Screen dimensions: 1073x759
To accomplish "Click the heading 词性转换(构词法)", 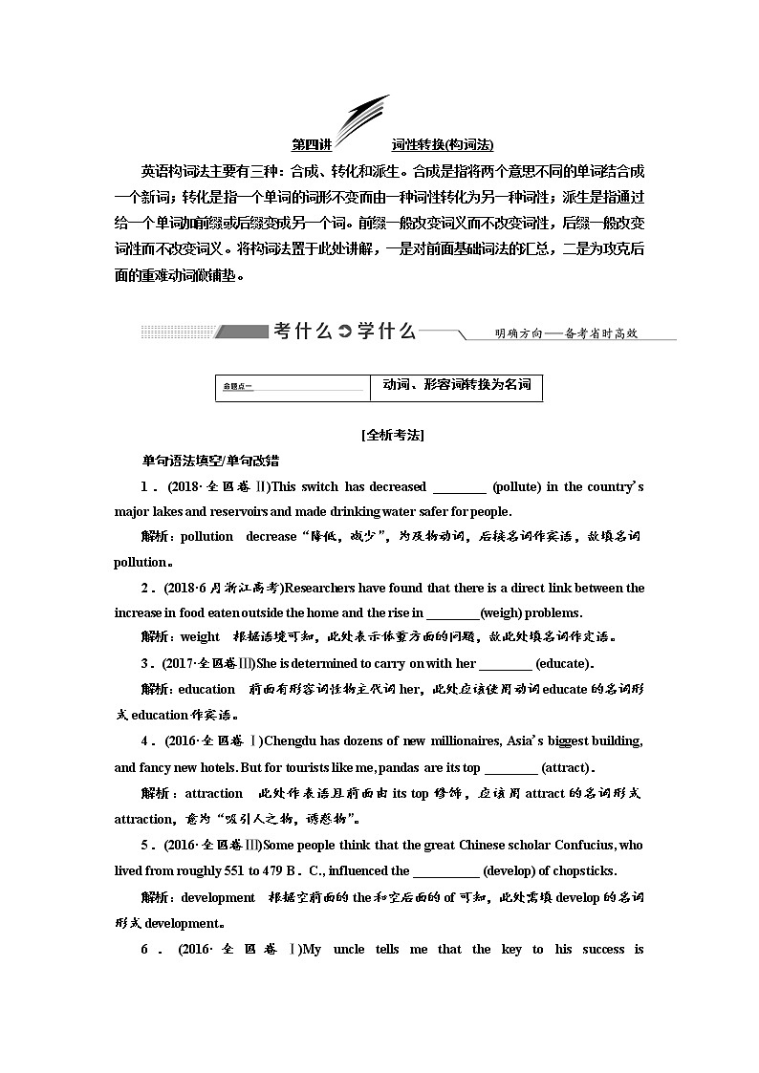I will pos(443,145).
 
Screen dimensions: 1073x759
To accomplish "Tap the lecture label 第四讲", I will pos(312,145).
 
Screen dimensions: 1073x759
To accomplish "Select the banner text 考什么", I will pos(302,331).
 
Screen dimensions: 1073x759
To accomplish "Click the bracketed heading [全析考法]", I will pos(393,435).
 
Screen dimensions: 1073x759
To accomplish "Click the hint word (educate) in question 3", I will pos(564,663).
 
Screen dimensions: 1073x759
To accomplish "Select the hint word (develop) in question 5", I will pos(515,870).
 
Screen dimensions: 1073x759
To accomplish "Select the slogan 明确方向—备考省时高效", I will pos(566,333).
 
